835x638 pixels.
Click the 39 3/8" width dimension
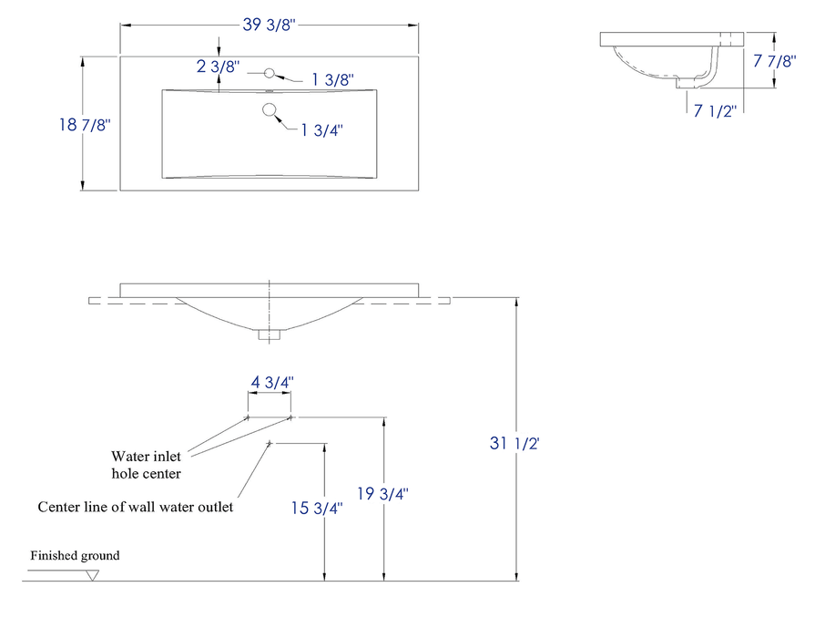[270, 25]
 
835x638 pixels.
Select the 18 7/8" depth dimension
[84, 125]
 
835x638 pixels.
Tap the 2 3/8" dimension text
[218, 67]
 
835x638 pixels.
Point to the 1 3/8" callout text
[331, 80]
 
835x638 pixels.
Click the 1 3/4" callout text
[322, 129]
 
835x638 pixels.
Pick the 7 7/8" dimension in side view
[775, 61]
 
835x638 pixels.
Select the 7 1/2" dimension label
[715, 112]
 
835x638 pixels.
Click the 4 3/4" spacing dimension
[270, 383]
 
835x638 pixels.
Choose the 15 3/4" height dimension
[317, 509]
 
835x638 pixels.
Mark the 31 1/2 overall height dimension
[516, 444]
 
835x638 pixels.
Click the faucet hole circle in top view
[269, 73]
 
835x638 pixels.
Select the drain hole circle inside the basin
[270, 110]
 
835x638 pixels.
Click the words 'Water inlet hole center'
[147, 465]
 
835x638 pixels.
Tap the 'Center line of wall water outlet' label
[135, 507]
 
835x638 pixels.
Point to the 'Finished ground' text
[75, 555]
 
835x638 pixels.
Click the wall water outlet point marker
[270, 443]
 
